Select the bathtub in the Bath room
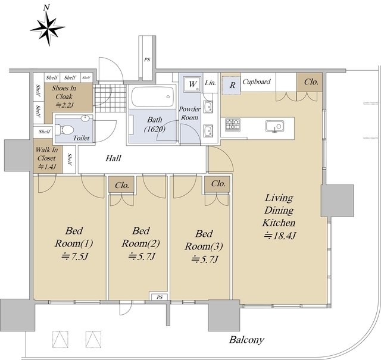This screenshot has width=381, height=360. pyautogui.click(x=152, y=98)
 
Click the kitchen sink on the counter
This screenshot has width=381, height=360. pyautogui.click(x=274, y=126)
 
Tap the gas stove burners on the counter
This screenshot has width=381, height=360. pyautogui.click(x=233, y=125)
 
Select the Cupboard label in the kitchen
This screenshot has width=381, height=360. pyautogui.click(x=257, y=82)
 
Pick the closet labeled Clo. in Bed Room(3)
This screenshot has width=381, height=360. pyautogui.click(x=218, y=184)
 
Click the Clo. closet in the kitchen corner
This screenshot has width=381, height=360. pyautogui.click(x=310, y=82)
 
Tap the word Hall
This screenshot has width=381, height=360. pyautogui.click(x=114, y=159)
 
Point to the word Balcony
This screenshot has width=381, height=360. pyautogui.click(x=246, y=340)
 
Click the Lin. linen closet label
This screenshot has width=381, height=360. pyautogui.click(x=210, y=83)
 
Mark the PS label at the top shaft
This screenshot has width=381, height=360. pyautogui.click(x=146, y=60)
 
